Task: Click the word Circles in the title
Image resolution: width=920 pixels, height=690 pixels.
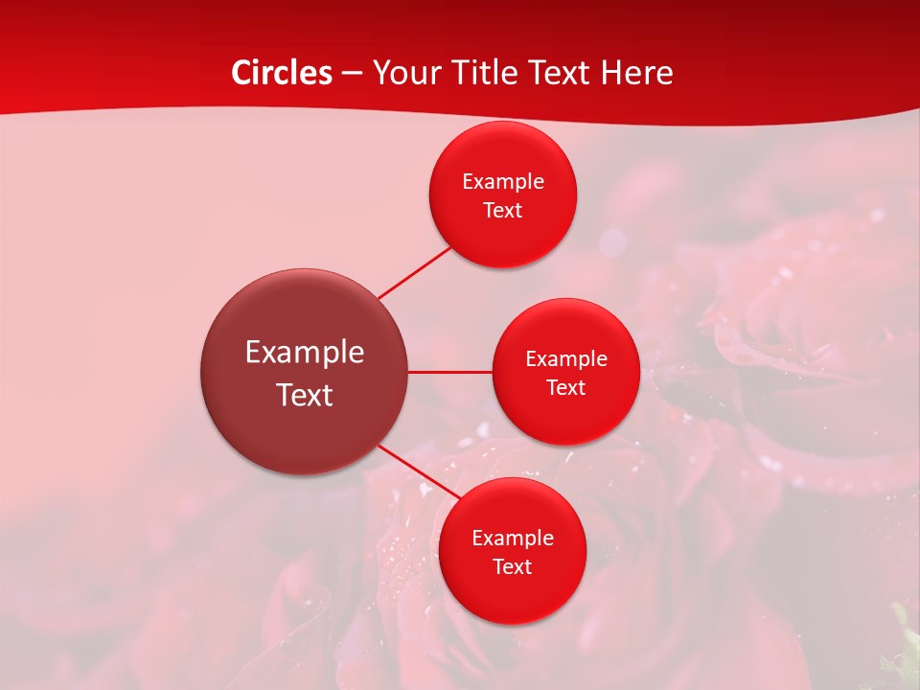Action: (282, 73)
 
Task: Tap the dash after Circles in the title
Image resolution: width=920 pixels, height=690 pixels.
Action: (352, 74)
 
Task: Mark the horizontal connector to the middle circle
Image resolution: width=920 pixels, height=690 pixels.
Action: (449, 372)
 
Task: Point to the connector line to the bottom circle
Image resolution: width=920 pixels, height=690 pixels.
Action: (418, 472)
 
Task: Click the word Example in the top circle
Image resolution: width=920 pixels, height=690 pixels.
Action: (502, 181)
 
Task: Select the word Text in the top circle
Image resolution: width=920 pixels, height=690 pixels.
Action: (502, 210)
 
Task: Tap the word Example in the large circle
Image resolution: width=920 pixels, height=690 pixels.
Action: (304, 352)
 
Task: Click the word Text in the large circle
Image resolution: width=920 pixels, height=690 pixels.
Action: (304, 394)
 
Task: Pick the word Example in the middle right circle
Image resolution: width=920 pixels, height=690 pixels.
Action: (565, 358)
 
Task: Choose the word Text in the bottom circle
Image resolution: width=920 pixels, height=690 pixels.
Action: (512, 566)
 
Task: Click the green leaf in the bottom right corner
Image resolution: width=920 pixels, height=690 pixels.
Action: (906, 652)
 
